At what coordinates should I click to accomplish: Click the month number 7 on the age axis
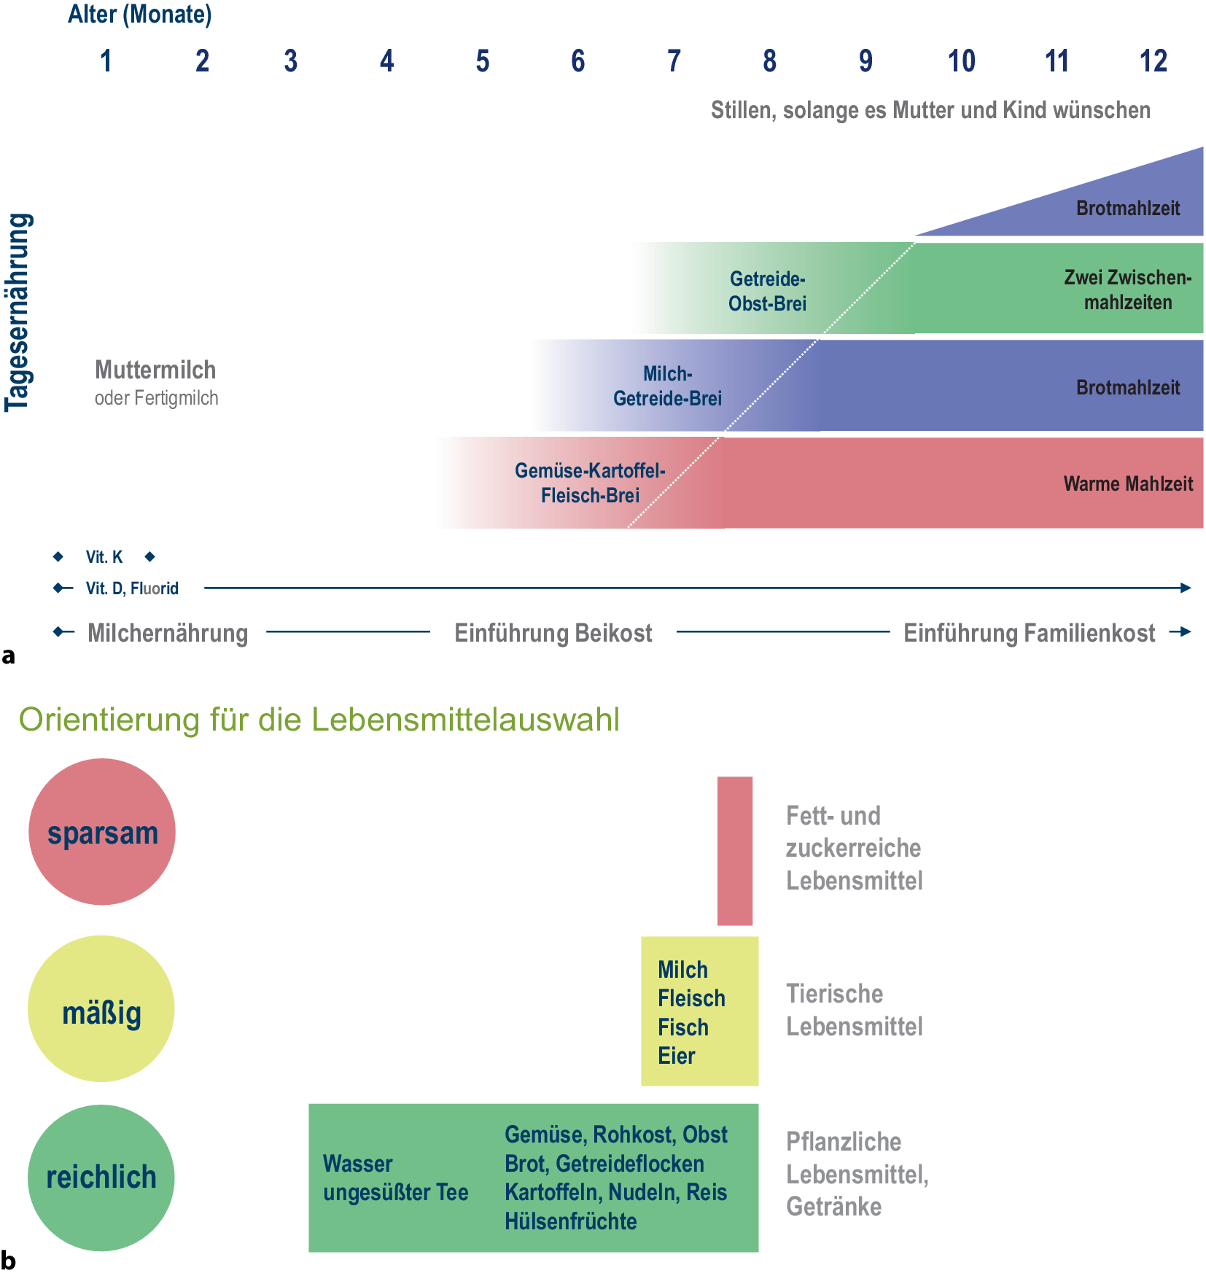[674, 61]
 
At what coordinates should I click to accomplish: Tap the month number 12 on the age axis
[1153, 61]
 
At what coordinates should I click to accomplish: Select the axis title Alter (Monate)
[139, 15]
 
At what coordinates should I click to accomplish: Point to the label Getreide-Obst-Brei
[767, 291]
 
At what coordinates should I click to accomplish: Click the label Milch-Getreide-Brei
[667, 386]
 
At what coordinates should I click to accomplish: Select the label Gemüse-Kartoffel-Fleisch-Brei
[590, 483]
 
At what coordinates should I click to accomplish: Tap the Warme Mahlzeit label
[1128, 483]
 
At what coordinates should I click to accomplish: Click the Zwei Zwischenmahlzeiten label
[1127, 289]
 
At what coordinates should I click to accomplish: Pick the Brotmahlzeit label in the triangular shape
[1128, 209]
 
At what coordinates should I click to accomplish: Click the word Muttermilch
[155, 370]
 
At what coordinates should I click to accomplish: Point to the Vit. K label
[104, 557]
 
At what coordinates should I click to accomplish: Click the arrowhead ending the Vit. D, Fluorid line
[1186, 588]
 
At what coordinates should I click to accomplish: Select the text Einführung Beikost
[553, 633]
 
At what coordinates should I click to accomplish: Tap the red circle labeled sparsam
[102, 832]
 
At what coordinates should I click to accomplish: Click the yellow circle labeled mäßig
[101, 1009]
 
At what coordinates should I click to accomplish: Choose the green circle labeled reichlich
[101, 1178]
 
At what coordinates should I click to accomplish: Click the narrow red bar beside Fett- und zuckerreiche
[734, 850]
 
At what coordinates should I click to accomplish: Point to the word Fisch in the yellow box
[683, 1027]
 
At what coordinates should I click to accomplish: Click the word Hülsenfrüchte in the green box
[570, 1221]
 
